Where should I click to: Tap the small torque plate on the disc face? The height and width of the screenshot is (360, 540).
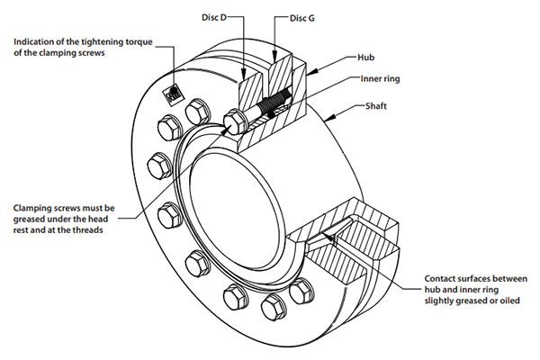coord(171,94)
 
